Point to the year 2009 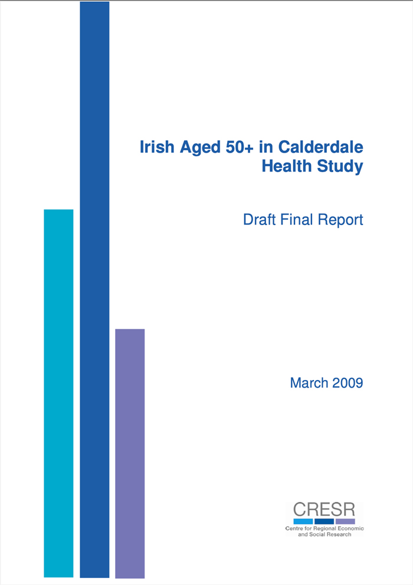click(x=347, y=383)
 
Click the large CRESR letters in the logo click(x=324, y=510)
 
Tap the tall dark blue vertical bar click(x=94, y=289)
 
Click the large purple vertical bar click(x=130, y=453)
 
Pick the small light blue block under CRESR click(x=303, y=521)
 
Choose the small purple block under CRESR click(x=345, y=521)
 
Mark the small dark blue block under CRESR click(x=324, y=521)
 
